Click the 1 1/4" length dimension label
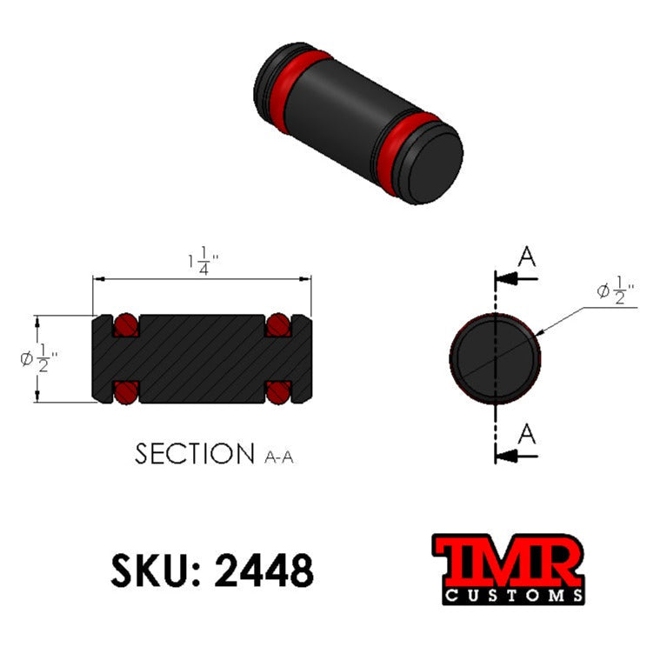point(202,260)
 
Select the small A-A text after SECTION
point(278,457)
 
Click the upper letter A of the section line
point(527,257)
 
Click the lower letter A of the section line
point(527,433)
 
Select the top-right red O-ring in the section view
point(277,324)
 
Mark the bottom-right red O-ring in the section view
point(277,392)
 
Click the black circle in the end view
point(495,357)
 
